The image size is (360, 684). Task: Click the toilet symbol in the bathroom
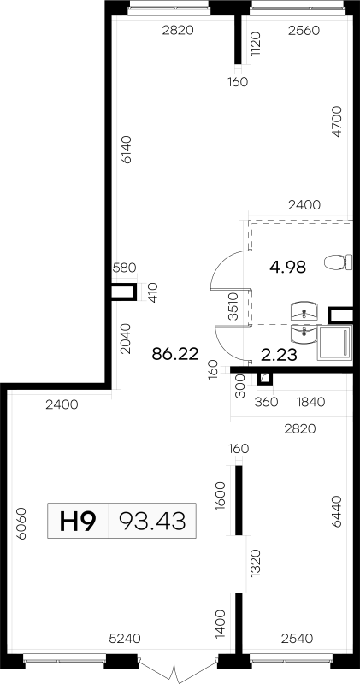pyautogui.click(x=338, y=262)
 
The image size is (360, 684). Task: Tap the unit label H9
pyautogui.click(x=78, y=521)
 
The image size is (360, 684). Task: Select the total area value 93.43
pyautogui.click(x=152, y=521)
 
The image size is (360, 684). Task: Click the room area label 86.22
pyautogui.click(x=175, y=354)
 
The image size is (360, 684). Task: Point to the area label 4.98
pyautogui.click(x=287, y=267)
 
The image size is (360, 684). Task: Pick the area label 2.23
pyautogui.click(x=280, y=355)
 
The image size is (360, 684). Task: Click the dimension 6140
pyautogui.click(x=127, y=150)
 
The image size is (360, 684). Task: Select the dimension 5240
pyautogui.click(x=125, y=639)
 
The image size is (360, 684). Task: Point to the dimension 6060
pyautogui.click(x=22, y=523)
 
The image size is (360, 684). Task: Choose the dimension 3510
pyautogui.click(x=234, y=306)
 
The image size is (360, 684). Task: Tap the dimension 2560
pyautogui.click(x=304, y=31)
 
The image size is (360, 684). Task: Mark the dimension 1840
pyautogui.click(x=310, y=402)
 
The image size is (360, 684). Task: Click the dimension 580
pyautogui.click(x=124, y=268)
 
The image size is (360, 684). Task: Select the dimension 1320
pyautogui.click(x=256, y=563)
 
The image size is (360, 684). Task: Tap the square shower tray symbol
pyautogui.click(x=334, y=343)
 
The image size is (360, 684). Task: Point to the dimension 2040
pyautogui.click(x=126, y=338)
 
